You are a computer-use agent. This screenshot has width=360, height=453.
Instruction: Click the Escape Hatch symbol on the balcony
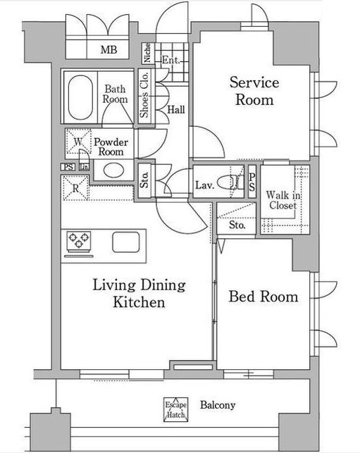pyautogui.click(x=175, y=409)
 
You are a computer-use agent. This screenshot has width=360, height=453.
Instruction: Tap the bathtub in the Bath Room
pyautogui.click(x=80, y=97)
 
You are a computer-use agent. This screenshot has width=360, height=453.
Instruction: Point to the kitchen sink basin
pyautogui.click(x=126, y=242)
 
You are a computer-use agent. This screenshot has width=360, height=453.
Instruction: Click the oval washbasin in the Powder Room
pyautogui.click(x=113, y=170)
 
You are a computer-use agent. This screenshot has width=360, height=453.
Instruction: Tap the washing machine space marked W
pyautogui.click(x=79, y=142)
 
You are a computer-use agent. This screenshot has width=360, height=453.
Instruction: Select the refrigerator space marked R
pyautogui.click(x=75, y=188)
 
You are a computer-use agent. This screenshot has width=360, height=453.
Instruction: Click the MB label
pyautogui.click(x=108, y=50)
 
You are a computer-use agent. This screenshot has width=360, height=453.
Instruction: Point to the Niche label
pyautogui.click(x=147, y=53)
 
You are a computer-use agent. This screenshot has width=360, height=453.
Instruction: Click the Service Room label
pyautogui.click(x=254, y=91)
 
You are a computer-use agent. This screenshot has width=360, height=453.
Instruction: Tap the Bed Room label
pyautogui.click(x=263, y=297)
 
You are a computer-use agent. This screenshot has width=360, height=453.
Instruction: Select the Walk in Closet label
pyautogui.click(x=283, y=200)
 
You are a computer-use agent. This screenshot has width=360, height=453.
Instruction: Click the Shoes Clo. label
pyautogui.click(x=144, y=94)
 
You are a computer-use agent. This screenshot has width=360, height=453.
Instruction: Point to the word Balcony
pyautogui.click(x=218, y=405)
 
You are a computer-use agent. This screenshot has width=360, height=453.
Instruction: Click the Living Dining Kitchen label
pyautogui.click(x=139, y=293)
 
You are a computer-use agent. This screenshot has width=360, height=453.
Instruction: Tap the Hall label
pyautogui.click(x=176, y=109)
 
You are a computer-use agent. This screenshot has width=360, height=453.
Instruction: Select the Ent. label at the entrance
pyautogui.click(x=170, y=60)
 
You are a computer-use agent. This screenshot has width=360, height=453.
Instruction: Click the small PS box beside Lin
pyautogui.click(x=68, y=167)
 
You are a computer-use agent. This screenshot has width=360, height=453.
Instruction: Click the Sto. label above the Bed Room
pyautogui.click(x=237, y=225)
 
